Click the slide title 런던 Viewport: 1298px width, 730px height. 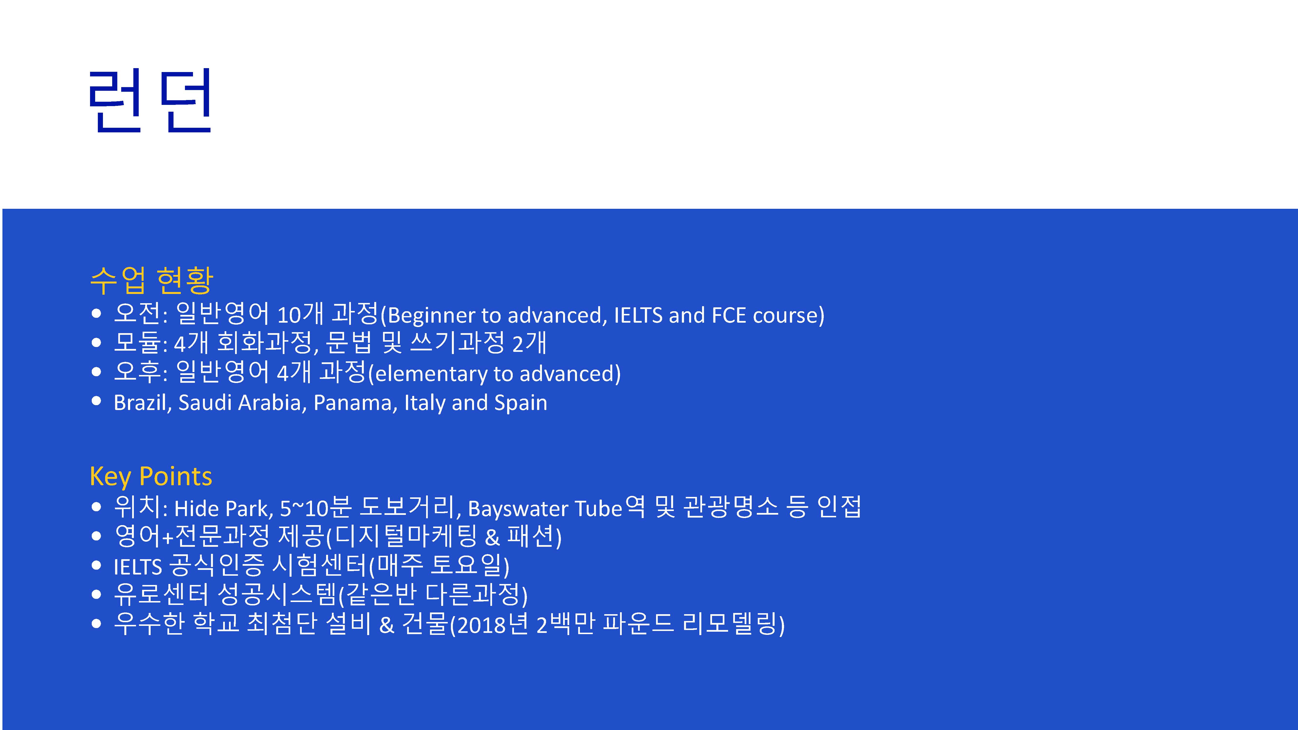coord(150,101)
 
